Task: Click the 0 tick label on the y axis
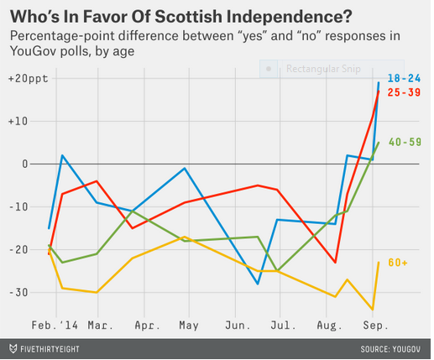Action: click(x=33, y=164)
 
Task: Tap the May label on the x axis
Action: click(x=188, y=322)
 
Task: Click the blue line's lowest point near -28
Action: click(x=259, y=284)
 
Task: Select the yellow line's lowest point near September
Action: click(x=372, y=309)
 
